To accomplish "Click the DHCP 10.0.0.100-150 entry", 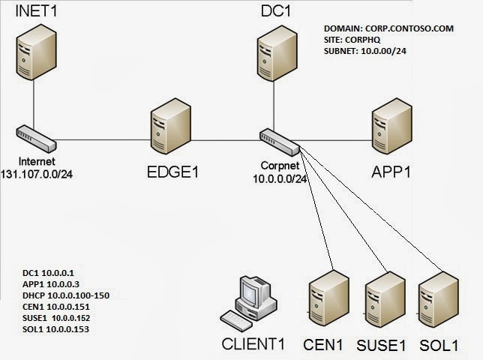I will (66, 295).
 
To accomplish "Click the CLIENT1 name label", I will (254, 346).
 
